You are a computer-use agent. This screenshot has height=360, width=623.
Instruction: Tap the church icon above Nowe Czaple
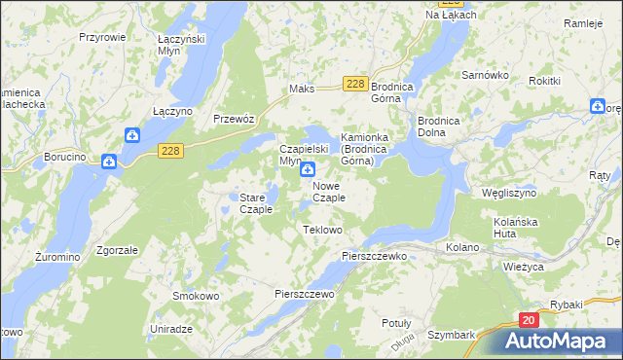click(307, 168)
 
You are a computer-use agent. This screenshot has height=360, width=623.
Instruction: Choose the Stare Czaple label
click(256, 203)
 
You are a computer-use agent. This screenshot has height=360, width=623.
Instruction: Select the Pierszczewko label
click(374, 255)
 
